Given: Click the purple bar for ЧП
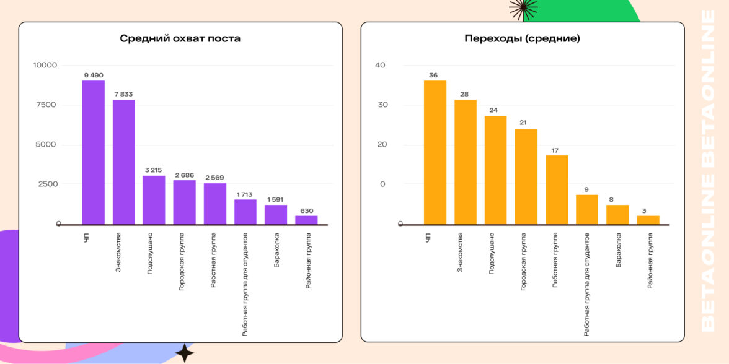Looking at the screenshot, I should [x=94, y=152].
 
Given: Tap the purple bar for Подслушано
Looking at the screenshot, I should [x=154, y=200].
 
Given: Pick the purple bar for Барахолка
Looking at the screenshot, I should [x=276, y=214].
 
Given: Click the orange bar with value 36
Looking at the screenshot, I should [x=435, y=152].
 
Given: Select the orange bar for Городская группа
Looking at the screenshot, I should [x=526, y=176].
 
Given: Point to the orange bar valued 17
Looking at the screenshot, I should [x=557, y=189].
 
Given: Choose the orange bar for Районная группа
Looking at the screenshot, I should [x=648, y=220].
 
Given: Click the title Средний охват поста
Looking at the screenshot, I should [x=180, y=39].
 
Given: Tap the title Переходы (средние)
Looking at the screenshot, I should [x=522, y=39].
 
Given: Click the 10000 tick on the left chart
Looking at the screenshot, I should [x=45, y=65].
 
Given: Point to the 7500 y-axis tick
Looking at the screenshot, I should [x=46, y=105].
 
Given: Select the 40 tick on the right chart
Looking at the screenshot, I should [x=380, y=65].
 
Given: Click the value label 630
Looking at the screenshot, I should [x=306, y=210].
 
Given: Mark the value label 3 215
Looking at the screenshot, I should [x=154, y=170].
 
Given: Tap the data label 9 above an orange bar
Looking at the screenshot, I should [x=587, y=189].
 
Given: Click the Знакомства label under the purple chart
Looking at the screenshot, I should [x=118, y=252].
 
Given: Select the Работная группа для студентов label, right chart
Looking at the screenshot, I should [x=586, y=284].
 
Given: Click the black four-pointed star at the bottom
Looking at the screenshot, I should [x=184, y=352].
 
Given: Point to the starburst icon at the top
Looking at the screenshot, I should [x=523, y=8].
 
